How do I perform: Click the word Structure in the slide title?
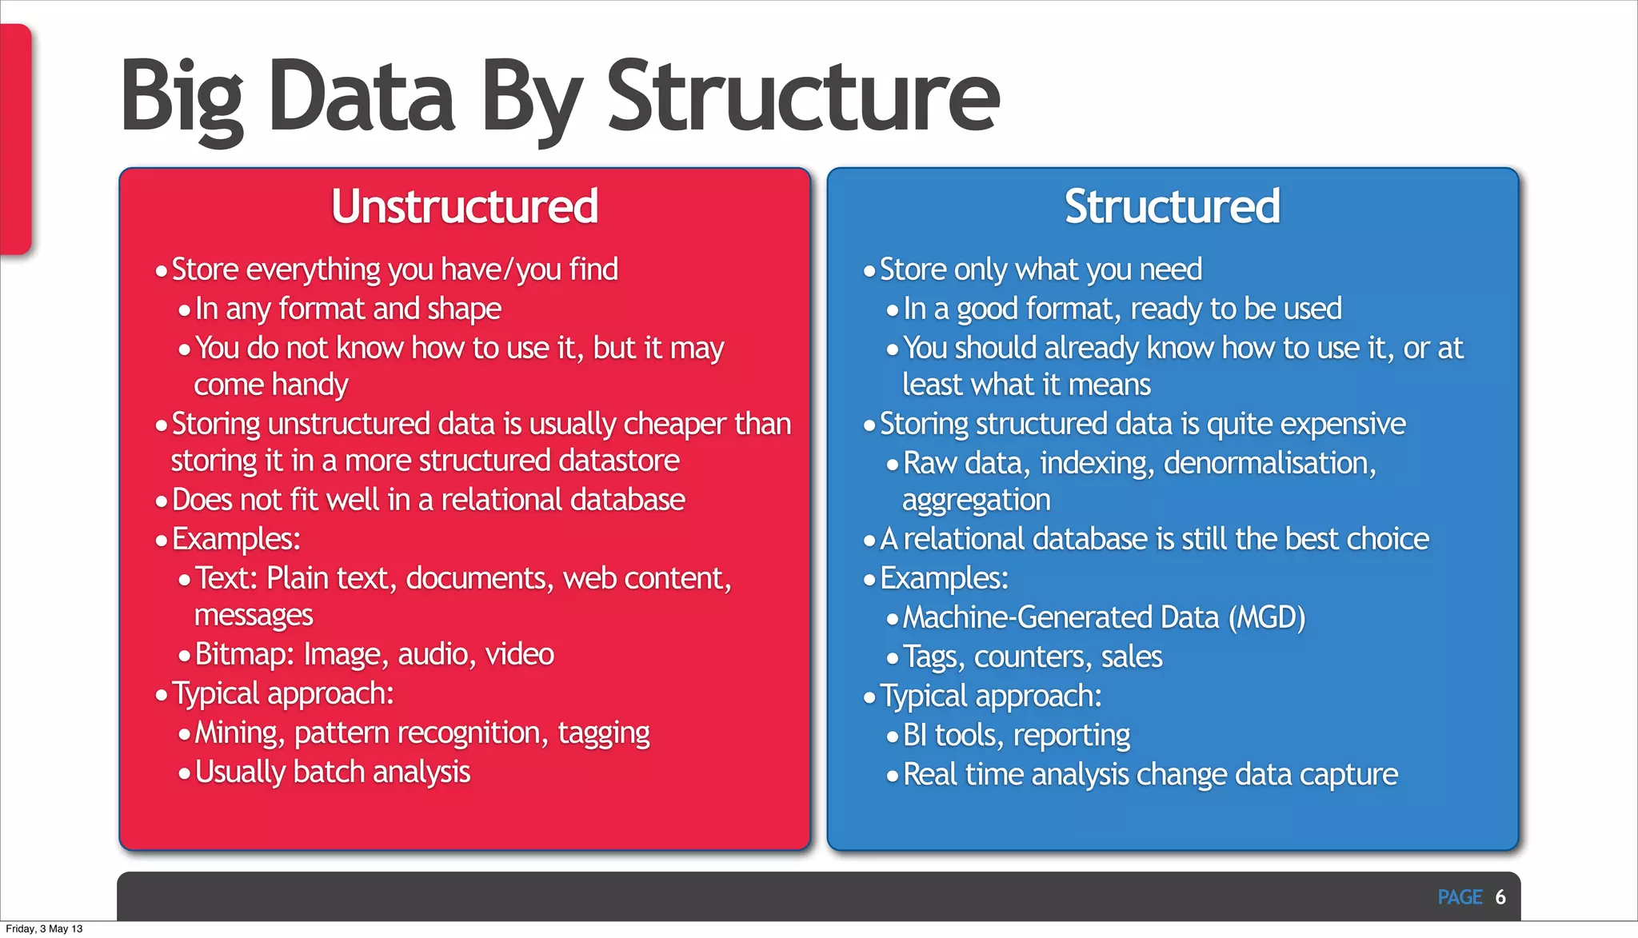(803, 98)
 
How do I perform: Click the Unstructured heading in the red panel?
(465, 206)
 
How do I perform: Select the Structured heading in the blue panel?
(1172, 206)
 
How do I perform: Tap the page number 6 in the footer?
(1500, 897)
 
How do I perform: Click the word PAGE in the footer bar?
(1460, 897)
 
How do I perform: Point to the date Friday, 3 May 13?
(45, 928)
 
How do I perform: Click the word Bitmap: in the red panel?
(245, 654)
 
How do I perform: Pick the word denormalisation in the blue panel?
(1269, 463)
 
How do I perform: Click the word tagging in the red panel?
(604, 732)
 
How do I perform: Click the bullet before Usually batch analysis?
(185, 773)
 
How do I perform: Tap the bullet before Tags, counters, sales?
(893, 658)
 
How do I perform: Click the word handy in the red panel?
(312, 385)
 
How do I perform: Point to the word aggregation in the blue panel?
(976, 501)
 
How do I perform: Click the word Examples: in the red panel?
(236, 540)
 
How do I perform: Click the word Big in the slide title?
(182, 98)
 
